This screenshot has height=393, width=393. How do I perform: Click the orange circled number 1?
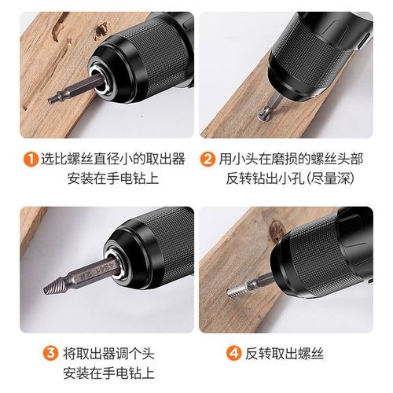[x=29, y=160]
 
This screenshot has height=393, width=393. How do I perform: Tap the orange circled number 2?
[x=208, y=160]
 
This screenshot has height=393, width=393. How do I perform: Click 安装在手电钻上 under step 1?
[x=108, y=179]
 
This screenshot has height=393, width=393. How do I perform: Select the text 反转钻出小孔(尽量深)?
[x=292, y=179]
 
